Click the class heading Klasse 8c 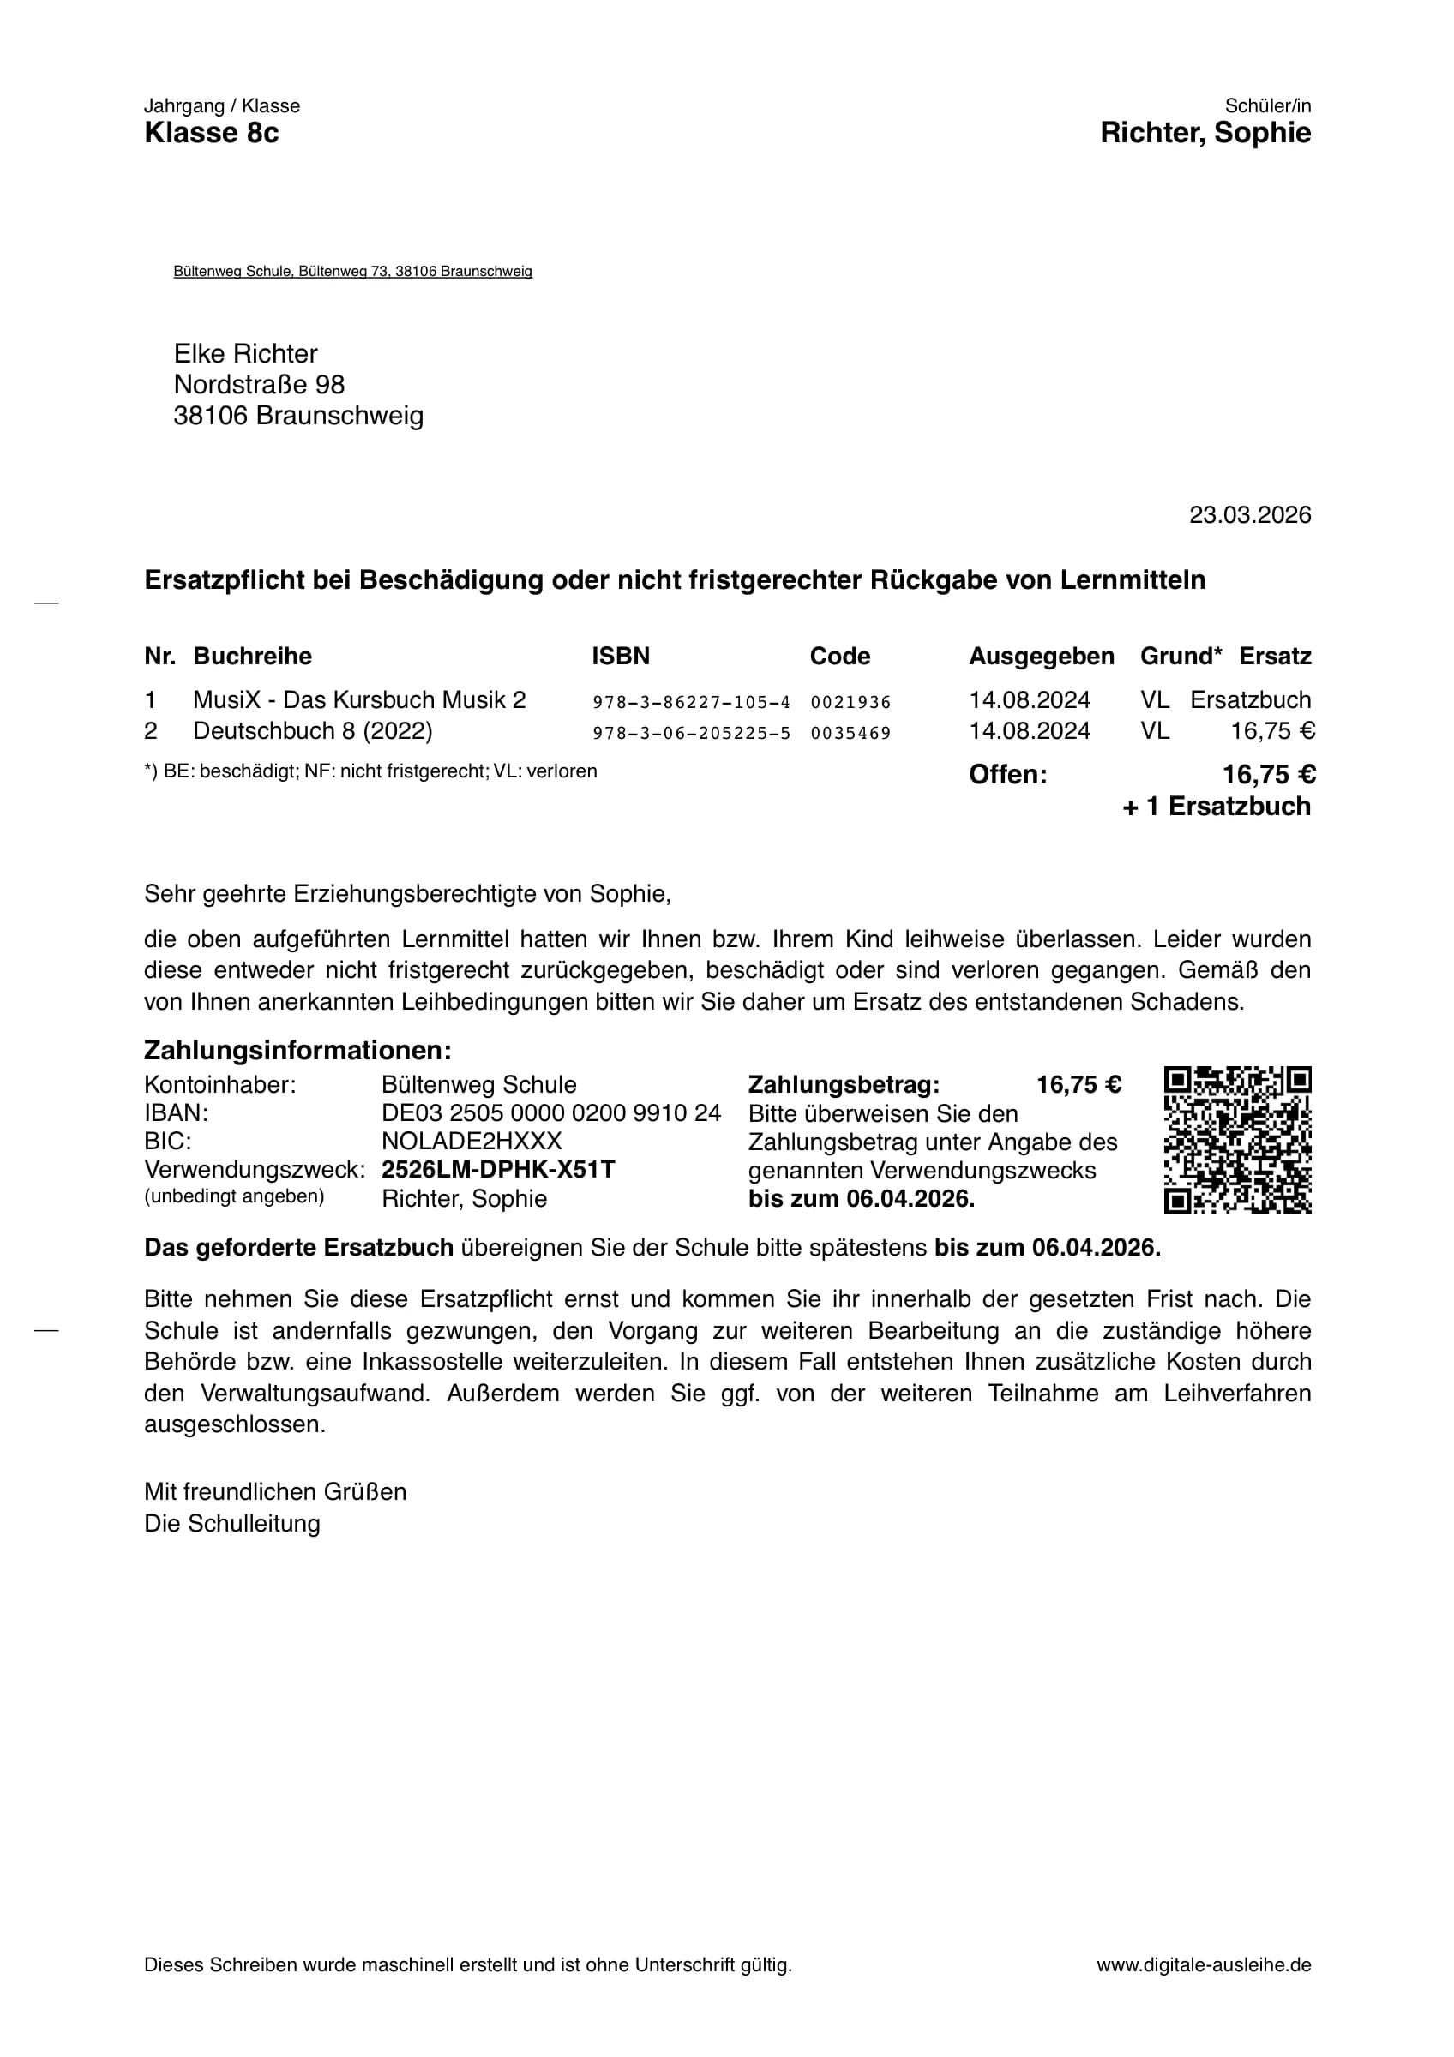212,134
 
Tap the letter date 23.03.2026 1250,515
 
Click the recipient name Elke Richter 245,353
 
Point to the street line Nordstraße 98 259,384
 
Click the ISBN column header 620,657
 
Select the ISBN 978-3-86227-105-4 691,703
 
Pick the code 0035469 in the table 850,734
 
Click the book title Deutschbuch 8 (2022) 313,731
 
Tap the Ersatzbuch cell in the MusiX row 1250,699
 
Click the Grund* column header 1180,657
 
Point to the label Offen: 1008,775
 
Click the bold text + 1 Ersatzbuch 1216,807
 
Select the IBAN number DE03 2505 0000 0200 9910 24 551,1113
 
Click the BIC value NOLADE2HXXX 472,1142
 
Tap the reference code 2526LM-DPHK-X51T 498,1170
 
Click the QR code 1237,1141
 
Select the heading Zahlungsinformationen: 297,1050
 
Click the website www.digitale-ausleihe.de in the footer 1203,1965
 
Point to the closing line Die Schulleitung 232,1524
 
